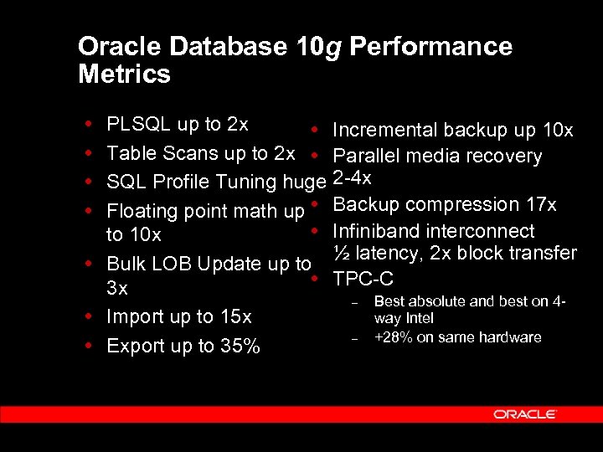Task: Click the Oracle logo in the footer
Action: (x=525, y=414)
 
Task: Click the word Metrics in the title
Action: (x=124, y=74)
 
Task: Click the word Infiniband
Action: (x=374, y=231)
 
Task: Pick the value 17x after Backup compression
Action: (x=540, y=204)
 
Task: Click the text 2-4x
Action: (x=352, y=177)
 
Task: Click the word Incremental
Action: (x=385, y=130)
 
